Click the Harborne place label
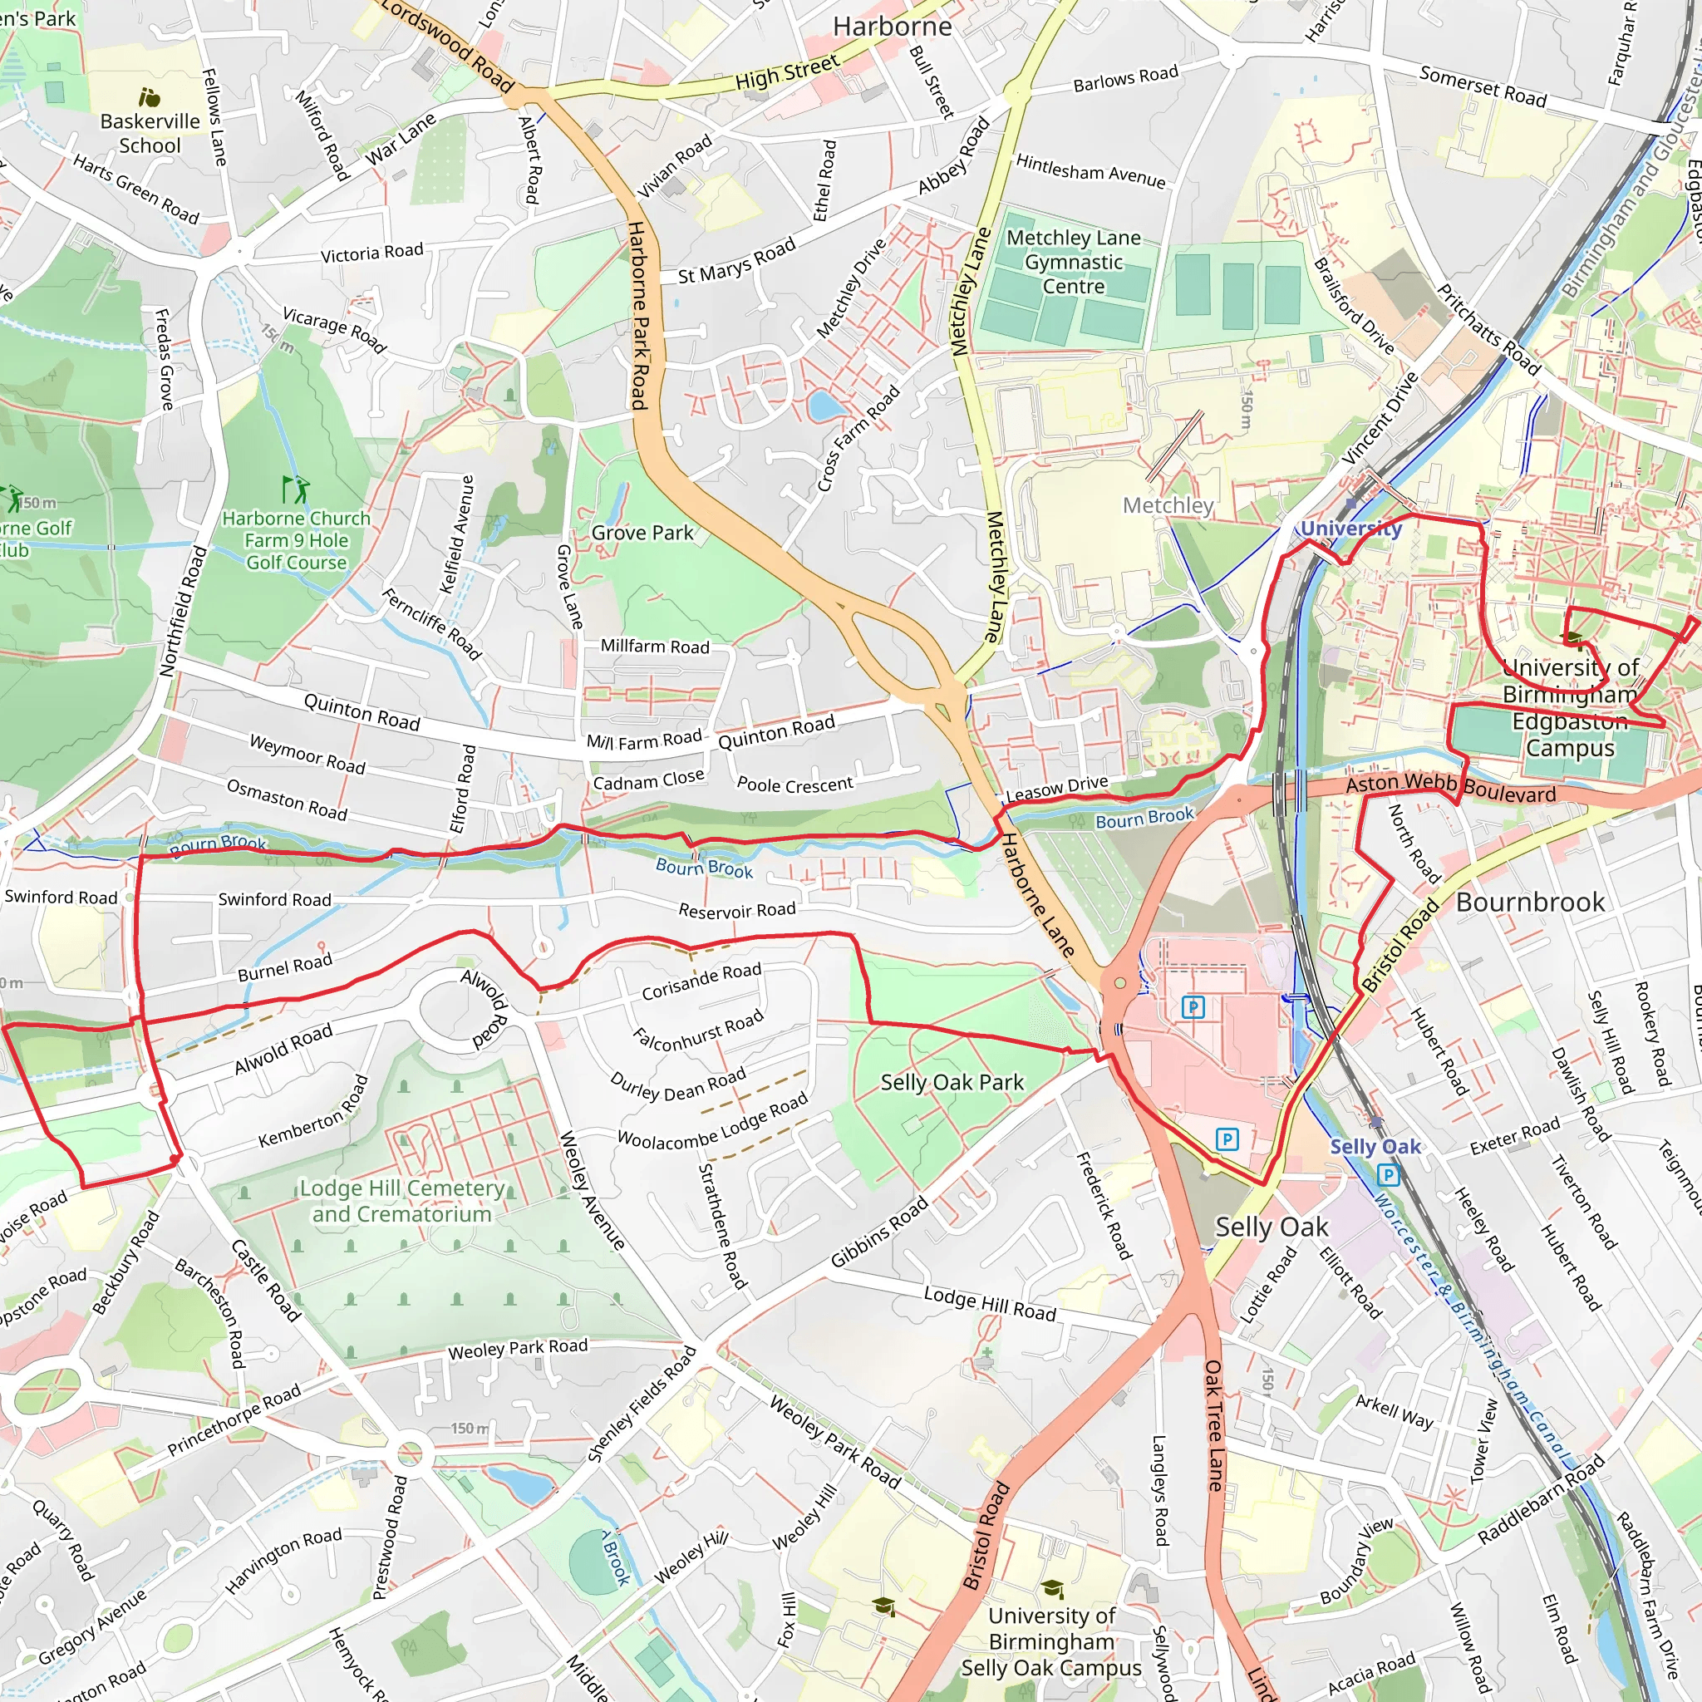[892, 27]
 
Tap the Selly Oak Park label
[952, 1083]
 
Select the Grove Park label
[642, 533]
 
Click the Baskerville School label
[150, 133]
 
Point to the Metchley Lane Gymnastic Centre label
[1073, 262]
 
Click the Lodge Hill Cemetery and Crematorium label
[401, 1201]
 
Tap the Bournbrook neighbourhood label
[1529, 902]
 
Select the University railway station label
[1350, 529]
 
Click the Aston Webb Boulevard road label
[1450, 788]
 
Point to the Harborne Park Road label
[639, 315]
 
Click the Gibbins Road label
[879, 1232]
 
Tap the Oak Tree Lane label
[1214, 1424]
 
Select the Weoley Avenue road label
[593, 1190]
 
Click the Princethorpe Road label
[234, 1419]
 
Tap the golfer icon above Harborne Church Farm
[295, 489]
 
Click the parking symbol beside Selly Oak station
[1389, 1174]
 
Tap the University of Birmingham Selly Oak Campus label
[1051, 1641]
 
